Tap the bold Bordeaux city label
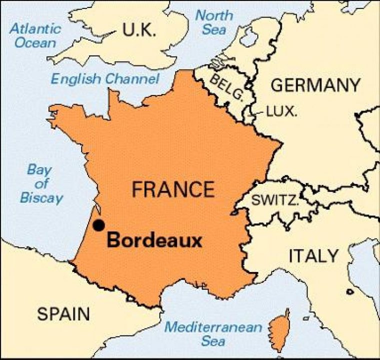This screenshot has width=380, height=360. click(x=154, y=241)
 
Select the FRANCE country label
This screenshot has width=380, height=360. click(x=173, y=189)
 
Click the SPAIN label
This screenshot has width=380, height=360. click(x=64, y=314)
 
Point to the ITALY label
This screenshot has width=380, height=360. click(x=313, y=256)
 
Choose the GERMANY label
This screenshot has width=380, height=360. click(x=315, y=85)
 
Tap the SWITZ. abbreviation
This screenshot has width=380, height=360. click(x=275, y=200)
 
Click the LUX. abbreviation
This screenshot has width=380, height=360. click(x=281, y=111)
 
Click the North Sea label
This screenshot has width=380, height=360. click(x=214, y=22)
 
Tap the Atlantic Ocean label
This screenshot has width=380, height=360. click(x=35, y=34)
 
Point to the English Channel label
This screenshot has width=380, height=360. click(x=105, y=78)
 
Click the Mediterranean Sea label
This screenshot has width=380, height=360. click(x=214, y=334)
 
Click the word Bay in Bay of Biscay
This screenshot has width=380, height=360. click(x=39, y=169)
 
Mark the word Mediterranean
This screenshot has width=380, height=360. click(x=214, y=328)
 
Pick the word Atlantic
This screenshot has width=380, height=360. click(x=35, y=27)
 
